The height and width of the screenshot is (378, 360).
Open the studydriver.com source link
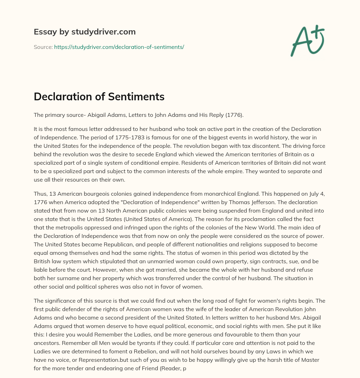(119, 47)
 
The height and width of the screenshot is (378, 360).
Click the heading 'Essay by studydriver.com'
(85, 32)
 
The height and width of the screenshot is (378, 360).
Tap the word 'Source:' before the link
(43, 47)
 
